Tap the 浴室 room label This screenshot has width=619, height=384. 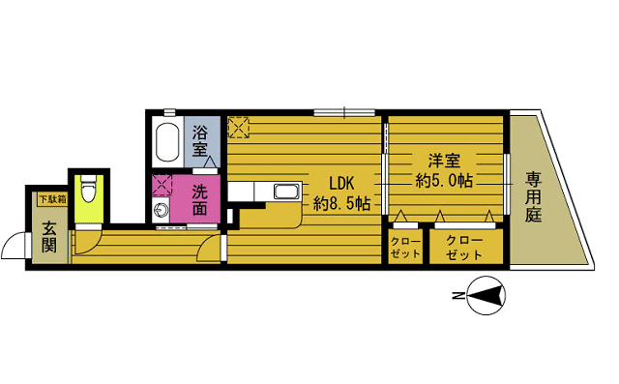(x=200, y=141)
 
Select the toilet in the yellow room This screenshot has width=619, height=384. (x=87, y=185)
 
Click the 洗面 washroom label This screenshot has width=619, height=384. (x=200, y=199)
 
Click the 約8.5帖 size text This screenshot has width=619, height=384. (x=341, y=203)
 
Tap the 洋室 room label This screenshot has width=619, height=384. (x=445, y=159)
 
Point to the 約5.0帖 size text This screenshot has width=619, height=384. (x=445, y=180)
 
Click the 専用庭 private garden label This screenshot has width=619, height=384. (x=534, y=197)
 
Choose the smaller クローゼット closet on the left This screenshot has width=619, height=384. (x=405, y=247)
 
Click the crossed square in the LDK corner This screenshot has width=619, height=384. (x=239, y=126)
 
